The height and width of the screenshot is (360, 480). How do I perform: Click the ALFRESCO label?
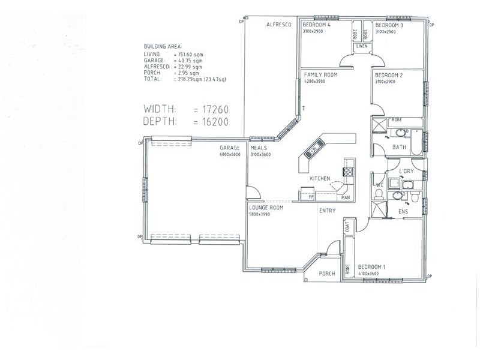tap(279, 25)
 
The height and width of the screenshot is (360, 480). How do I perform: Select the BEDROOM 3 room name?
tap(389, 25)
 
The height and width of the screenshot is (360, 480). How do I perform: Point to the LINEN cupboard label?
tap(361, 46)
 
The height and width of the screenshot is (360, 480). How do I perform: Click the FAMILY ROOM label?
tap(321, 75)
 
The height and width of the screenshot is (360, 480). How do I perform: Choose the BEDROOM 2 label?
tap(388, 75)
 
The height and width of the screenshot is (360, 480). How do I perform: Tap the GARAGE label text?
tap(230, 148)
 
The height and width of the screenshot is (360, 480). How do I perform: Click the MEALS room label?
tap(259, 148)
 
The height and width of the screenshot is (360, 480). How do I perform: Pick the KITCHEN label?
tap(320, 179)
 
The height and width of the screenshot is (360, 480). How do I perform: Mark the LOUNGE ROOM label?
tap(266, 208)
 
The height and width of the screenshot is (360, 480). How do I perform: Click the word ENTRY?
tap(328, 211)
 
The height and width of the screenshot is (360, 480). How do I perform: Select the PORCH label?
tap(327, 274)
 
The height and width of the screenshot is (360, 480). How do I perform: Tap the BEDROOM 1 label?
tap(371, 267)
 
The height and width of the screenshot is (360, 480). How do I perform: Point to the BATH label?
tap(400, 147)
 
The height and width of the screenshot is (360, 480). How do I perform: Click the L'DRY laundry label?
tap(408, 172)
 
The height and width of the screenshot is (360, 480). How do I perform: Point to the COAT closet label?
tap(347, 226)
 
